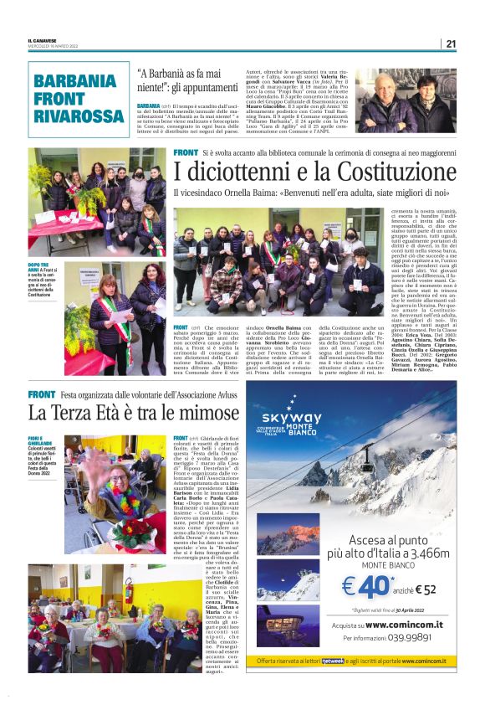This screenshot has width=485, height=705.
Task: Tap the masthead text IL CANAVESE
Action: [43, 42]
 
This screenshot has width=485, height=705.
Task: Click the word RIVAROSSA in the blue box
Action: [79, 114]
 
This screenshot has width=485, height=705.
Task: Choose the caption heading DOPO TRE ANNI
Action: [39, 265]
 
